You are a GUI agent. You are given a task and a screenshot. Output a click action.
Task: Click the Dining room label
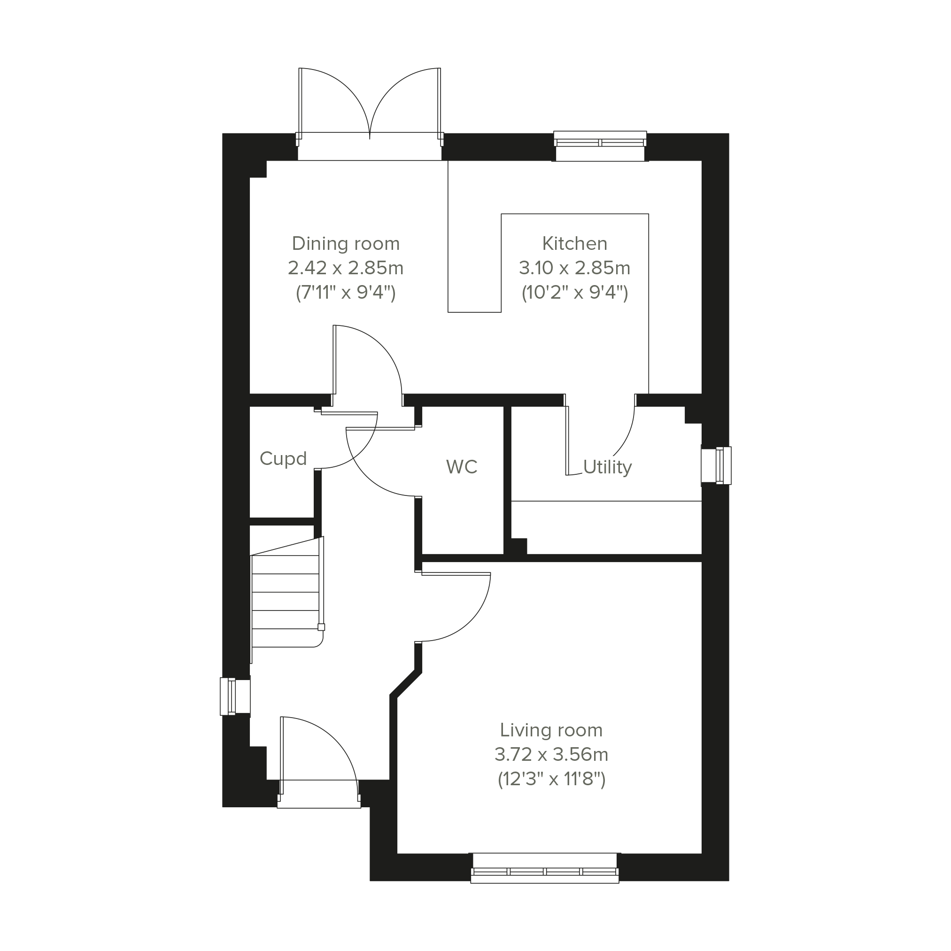tap(346, 244)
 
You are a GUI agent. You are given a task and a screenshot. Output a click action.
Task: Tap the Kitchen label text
tap(574, 244)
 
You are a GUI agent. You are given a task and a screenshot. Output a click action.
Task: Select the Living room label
tap(551, 730)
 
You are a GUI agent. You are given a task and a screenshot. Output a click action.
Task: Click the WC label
tap(462, 467)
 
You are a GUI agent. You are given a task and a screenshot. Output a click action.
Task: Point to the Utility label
tap(607, 467)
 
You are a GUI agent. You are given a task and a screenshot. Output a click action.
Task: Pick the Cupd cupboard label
tap(283, 458)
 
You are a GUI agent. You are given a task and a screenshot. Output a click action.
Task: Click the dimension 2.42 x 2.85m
tap(346, 268)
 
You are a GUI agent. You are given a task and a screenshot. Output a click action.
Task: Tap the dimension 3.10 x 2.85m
tap(574, 268)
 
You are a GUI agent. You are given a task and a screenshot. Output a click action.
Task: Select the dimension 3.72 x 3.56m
tap(551, 755)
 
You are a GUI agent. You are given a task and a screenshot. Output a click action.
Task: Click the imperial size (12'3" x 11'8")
tap(551, 780)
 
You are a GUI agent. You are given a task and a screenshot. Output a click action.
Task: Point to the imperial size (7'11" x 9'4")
tap(346, 294)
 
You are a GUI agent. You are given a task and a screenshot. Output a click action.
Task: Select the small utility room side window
tap(717, 465)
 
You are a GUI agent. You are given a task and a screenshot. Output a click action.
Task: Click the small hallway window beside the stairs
tap(235, 696)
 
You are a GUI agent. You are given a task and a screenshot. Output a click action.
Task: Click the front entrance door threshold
tap(319, 794)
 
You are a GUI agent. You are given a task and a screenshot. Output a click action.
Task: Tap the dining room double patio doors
tap(370, 113)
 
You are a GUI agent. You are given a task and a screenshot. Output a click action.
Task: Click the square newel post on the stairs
tap(321, 627)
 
